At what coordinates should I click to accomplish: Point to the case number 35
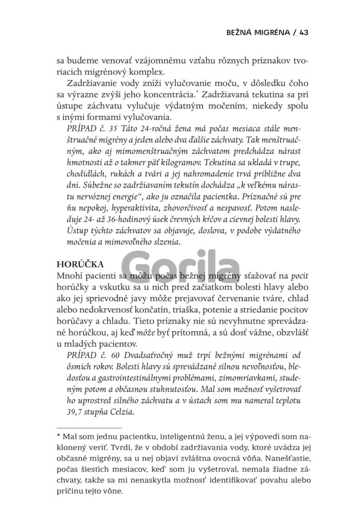[x=111, y=128]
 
